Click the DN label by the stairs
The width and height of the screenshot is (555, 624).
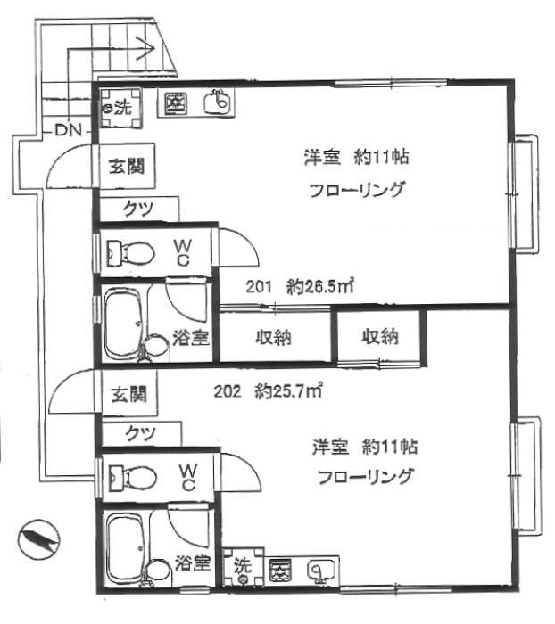pos(68,130)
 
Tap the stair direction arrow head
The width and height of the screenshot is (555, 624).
pos(147,48)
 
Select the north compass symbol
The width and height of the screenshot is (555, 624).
pos(38,540)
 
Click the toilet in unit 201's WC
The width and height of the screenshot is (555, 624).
pos(130,252)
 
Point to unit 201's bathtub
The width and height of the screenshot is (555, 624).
pos(123,324)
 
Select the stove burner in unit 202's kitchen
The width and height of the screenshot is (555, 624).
pos(280,571)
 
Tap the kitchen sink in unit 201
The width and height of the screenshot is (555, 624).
pos(218,103)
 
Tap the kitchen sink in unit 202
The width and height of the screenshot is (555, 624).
pos(319,571)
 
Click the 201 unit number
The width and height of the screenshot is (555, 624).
pos(259,286)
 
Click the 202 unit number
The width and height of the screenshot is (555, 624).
pos(228,391)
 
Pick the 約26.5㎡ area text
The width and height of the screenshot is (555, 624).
pos(320,286)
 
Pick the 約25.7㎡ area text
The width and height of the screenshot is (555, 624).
pos(288,391)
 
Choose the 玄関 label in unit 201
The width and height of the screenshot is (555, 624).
pos(127,166)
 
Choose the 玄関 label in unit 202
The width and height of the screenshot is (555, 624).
pos(128,394)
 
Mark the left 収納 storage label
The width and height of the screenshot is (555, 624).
pos(273,337)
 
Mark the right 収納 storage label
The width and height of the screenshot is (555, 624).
pos(380,336)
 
